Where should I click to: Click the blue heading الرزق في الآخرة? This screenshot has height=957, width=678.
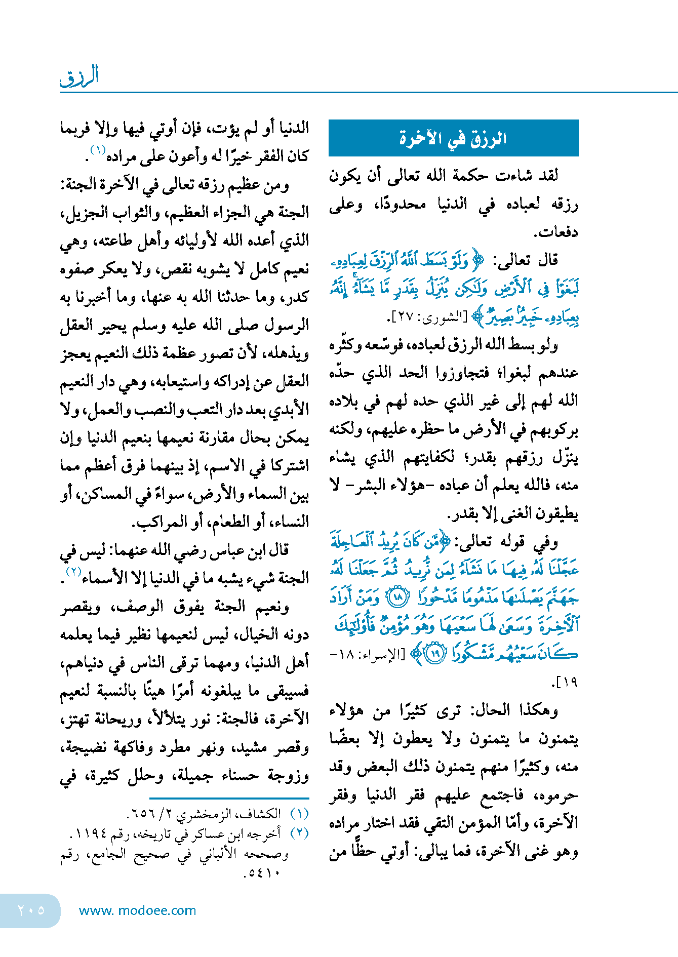453,138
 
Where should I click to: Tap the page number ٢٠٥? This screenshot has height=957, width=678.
31,910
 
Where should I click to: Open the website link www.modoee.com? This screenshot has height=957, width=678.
137,910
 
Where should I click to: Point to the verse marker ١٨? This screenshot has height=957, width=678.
398,597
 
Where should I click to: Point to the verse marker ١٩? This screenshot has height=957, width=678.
434,654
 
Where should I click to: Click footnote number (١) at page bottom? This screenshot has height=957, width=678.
300,814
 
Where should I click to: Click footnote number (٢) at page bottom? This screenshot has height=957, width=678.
300,833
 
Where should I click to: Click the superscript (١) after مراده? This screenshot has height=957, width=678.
97,150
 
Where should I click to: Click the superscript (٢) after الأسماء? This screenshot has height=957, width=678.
74,573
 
